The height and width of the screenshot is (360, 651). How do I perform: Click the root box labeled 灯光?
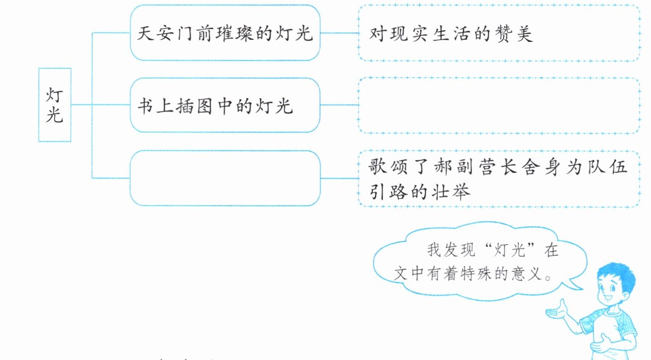55,105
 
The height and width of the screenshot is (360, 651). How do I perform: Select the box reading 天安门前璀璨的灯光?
225,33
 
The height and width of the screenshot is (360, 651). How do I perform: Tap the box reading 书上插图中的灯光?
225,105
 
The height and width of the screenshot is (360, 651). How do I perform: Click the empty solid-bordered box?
225,178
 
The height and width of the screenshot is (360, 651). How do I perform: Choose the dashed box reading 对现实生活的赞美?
499,33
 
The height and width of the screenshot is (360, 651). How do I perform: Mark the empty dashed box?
499,105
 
